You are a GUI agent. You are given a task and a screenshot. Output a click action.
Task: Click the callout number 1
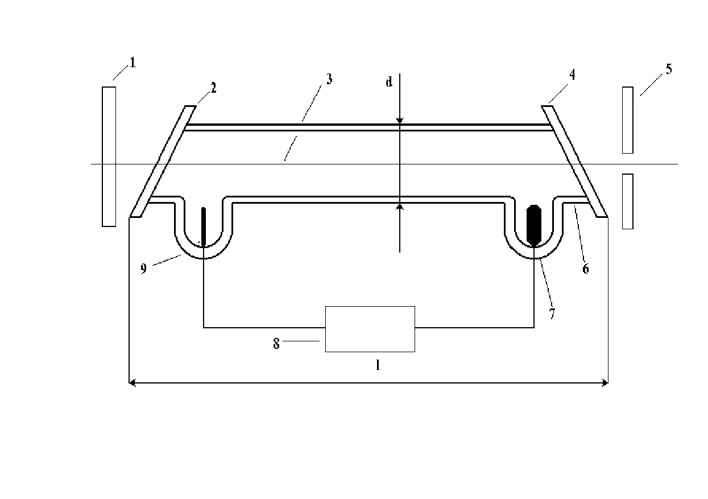133,62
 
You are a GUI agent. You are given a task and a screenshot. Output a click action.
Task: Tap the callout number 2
214,88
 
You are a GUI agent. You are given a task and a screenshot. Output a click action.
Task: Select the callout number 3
329,79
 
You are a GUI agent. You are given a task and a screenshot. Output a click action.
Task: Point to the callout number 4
573,75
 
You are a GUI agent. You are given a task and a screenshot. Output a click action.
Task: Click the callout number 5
669,69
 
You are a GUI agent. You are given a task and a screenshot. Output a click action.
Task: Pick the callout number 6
586,269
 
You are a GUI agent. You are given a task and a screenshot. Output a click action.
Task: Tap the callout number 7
552,314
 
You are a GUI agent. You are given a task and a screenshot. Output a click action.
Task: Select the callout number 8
276,344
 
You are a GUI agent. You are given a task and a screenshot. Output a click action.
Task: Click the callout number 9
143,269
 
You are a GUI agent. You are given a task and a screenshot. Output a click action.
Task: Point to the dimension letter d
389,81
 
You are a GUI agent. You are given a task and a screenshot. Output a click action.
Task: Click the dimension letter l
378,365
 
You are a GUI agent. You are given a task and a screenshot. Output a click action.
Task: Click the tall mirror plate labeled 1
109,156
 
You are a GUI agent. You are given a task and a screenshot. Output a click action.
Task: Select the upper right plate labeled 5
628,120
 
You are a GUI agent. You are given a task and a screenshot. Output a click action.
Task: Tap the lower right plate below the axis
628,201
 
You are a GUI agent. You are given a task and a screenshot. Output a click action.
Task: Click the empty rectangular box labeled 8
370,329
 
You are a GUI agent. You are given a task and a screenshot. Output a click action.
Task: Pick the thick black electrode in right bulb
534,225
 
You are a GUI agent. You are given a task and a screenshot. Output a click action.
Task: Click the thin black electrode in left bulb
204,226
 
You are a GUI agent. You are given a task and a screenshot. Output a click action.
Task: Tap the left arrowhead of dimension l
132,383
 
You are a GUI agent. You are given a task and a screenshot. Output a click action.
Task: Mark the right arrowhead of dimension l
605,383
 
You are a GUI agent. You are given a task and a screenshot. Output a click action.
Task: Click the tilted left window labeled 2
163,162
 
